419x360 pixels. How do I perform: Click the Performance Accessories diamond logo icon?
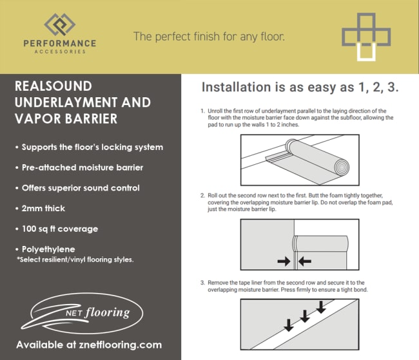(x=59, y=24)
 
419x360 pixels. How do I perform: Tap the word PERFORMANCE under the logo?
(x=60, y=43)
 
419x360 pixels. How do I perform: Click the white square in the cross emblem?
(x=366, y=52)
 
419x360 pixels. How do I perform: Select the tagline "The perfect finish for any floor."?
(x=209, y=37)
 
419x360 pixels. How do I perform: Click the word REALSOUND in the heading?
(x=54, y=86)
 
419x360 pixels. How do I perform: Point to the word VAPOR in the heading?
(x=38, y=119)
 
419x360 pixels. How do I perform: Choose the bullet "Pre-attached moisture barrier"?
(x=83, y=167)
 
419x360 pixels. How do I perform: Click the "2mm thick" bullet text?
(x=43, y=208)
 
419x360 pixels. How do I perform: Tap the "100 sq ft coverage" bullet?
(x=60, y=229)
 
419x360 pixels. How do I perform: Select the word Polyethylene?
(x=48, y=249)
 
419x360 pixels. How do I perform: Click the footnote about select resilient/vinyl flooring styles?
(x=75, y=260)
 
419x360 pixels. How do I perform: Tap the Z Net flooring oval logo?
(x=82, y=314)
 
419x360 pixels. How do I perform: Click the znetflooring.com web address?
(x=121, y=345)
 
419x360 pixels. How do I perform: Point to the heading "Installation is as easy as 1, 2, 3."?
(x=300, y=87)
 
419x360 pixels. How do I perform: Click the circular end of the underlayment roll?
(x=342, y=167)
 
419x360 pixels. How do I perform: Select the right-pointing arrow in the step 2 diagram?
(x=284, y=261)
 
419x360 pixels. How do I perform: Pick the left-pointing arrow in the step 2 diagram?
(x=305, y=261)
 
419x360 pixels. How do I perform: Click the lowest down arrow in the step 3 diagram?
(x=288, y=325)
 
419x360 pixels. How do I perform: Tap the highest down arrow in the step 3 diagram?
(x=321, y=307)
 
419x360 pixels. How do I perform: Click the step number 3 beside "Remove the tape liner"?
(x=202, y=283)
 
